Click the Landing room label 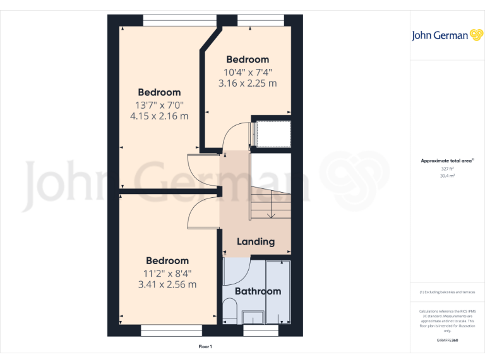(256, 241)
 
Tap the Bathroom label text (258, 291)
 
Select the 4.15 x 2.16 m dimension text (159, 116)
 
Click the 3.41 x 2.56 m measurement (167, 284)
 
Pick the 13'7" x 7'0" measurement (159, 104)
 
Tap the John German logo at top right (447, 35)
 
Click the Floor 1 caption (205, 347)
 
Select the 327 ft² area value (447, 169)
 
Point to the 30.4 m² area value (447, 176)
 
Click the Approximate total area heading (446, 161)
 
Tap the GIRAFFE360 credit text (447, 341)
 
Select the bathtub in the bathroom (278, 292)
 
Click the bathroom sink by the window (255, 318)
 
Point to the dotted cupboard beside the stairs (272, 134)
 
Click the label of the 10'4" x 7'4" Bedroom (248, 59)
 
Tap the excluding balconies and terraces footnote (446, 292)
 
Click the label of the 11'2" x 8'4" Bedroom (167, 260)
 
